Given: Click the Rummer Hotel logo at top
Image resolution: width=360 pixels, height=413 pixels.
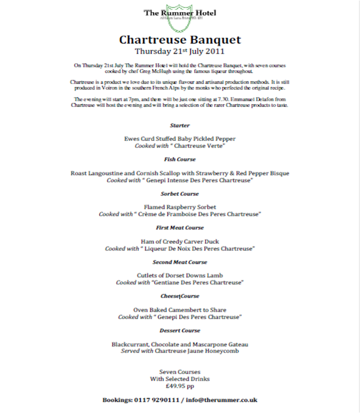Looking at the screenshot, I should pyautogui.click(x=180, y=13).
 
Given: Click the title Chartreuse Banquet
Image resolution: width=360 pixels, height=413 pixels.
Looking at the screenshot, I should pyautogui.click(x=180, y=39).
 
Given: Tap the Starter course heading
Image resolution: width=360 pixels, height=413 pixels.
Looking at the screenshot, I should pyautogui.click(x=180, y=125).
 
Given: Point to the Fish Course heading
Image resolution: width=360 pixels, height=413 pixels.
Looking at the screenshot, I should pyautogui.click(x=180, y=159).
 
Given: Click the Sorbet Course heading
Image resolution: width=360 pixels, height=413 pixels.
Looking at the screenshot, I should pyautogui.click(x=180, y=193).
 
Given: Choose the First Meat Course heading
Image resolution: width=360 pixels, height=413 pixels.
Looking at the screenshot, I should pyautogui.click(x=180, y=227).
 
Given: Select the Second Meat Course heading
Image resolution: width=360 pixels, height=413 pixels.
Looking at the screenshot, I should pyautogui.click(x=180, y=262).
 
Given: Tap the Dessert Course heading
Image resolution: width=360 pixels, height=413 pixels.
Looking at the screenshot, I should pyautogui.click(x=180, y=330).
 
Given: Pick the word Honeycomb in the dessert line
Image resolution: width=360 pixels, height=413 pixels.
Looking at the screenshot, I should pyautogui.click(x=223, y=351).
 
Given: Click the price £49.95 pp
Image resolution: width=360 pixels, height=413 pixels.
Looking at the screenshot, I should pyautogui.click(x=180, y=386).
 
